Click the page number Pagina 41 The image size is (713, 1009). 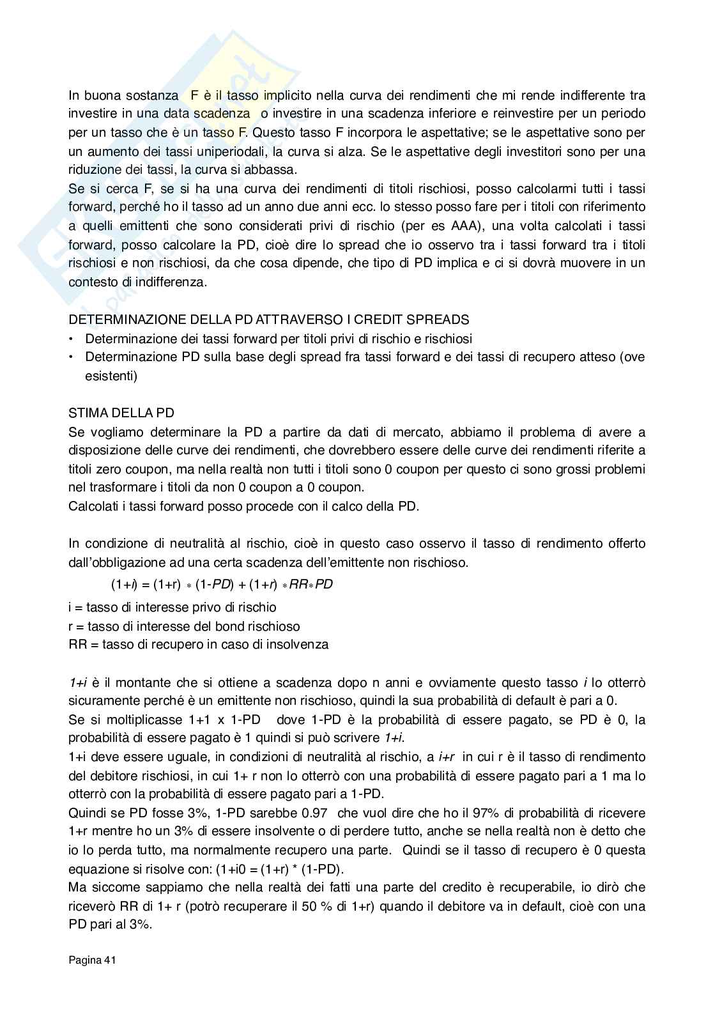tap(92, 960)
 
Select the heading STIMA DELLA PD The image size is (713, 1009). tap(121, 413)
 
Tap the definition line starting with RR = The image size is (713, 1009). tap(198, 644)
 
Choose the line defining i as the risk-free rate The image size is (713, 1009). tap(172, 607)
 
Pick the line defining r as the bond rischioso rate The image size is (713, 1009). tap(184, 626)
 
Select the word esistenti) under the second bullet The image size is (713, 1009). tap(111, 376)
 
